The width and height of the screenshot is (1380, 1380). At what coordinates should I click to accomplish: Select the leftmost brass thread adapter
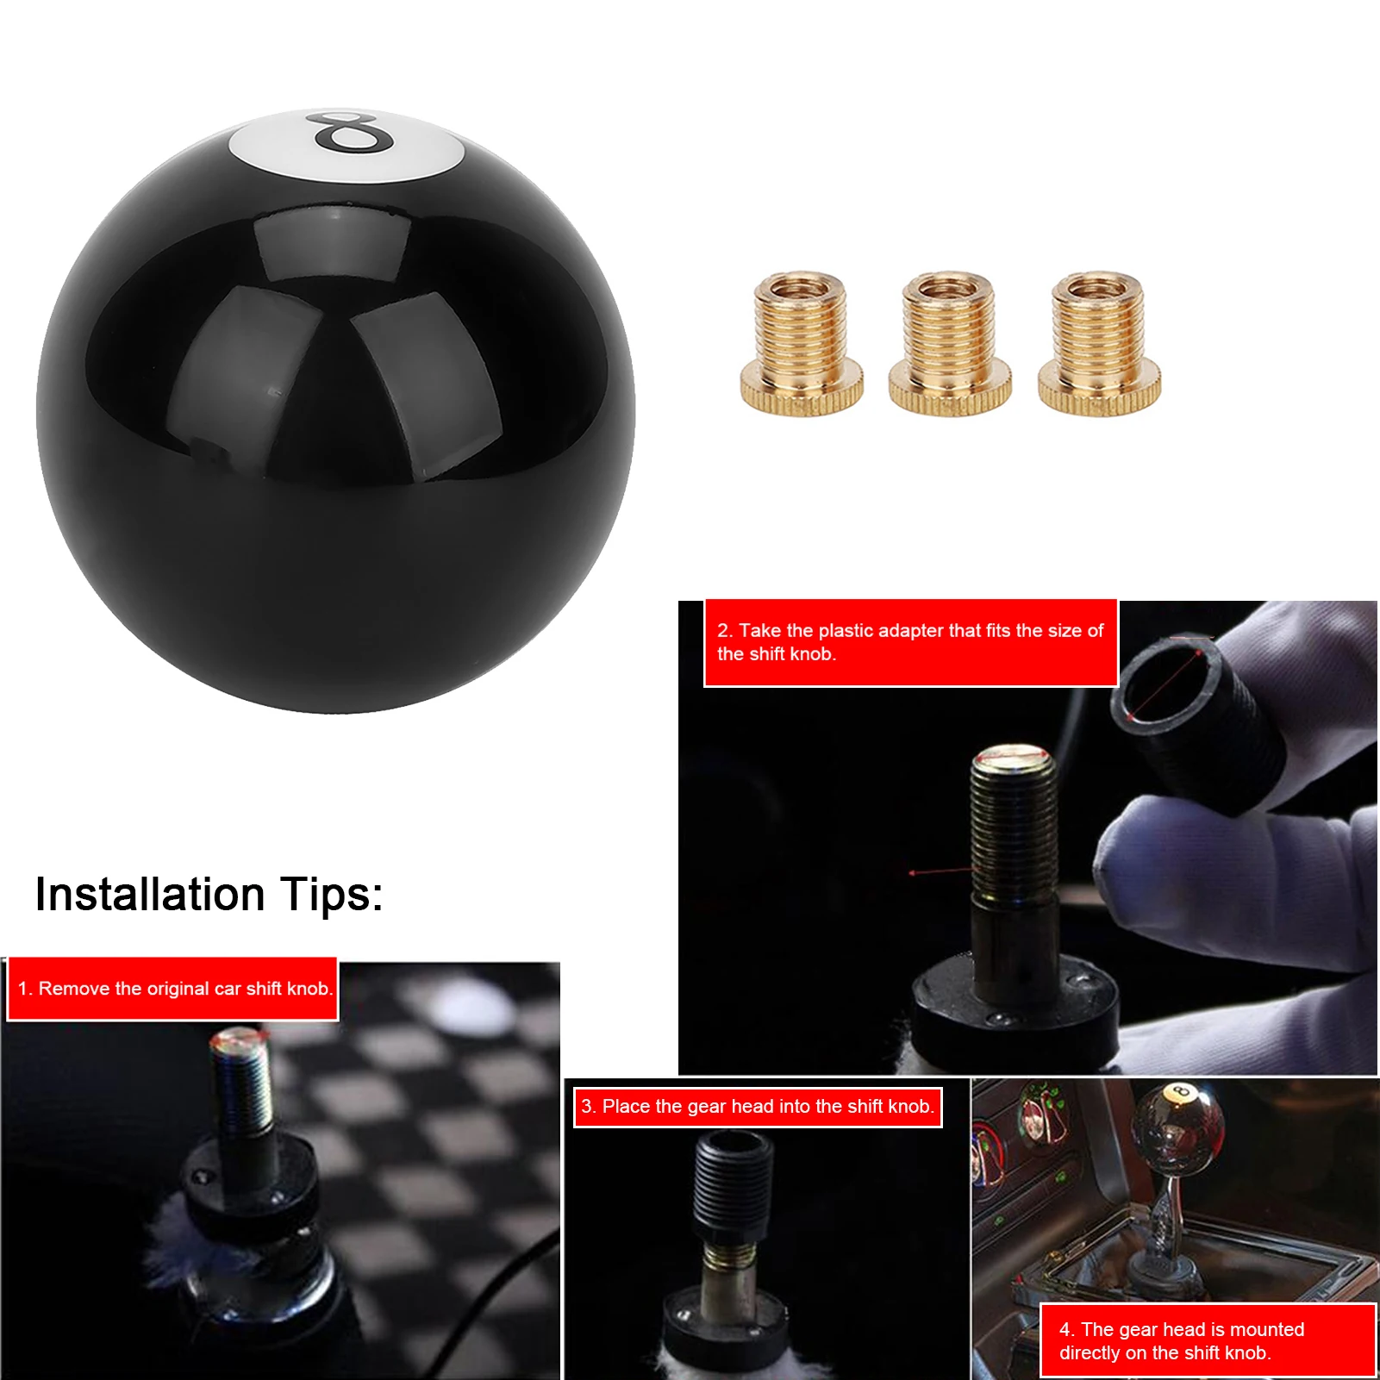[802, 345]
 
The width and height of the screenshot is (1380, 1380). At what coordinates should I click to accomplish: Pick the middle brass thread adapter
[950, 345]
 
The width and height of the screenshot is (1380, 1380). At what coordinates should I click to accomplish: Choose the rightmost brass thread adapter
[1099, 345]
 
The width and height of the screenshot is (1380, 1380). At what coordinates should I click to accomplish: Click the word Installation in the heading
[149, 895]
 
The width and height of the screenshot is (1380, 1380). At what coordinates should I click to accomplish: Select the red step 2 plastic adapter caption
[909, 642]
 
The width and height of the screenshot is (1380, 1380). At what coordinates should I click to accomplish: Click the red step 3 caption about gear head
[758, 1107]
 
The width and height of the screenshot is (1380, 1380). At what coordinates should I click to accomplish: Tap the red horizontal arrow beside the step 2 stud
[940, 871]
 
